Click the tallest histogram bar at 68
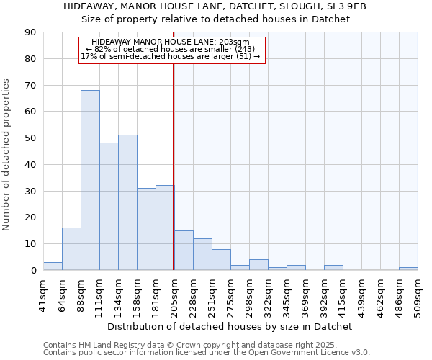pos(90,180)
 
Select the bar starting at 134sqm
pos(127,202)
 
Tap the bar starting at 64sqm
pos(71,248)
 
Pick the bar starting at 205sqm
pos(184,250)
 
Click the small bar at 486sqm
pos(408,269)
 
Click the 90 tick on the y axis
pos(31,32)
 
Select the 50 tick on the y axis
pos(31,138)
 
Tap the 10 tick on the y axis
pos(31,244)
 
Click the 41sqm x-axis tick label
pos(44,294)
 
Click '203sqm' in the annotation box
pos(236,42)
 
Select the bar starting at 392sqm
pos(333,267)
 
